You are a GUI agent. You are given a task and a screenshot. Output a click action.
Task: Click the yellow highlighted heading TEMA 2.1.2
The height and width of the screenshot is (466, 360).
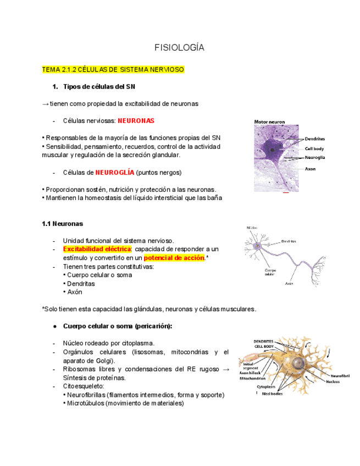click(113, 70)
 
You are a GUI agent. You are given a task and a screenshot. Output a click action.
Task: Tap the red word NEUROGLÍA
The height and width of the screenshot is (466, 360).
click(114, 172)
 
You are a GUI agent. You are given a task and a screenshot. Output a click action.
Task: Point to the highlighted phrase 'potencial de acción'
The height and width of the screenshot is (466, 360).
click(174, 258)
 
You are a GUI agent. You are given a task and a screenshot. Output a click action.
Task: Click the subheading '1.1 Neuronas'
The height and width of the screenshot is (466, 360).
click(62, 224)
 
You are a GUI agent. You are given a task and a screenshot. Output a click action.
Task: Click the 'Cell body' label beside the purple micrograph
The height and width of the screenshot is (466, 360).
click(315, 148)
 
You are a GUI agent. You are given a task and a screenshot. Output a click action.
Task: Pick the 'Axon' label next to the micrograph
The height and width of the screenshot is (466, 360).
click(311, 169)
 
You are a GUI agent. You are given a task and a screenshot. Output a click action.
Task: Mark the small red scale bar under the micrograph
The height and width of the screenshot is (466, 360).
click(285, 193)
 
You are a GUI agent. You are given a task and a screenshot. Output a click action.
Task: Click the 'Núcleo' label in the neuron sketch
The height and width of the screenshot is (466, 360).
click(252, 228)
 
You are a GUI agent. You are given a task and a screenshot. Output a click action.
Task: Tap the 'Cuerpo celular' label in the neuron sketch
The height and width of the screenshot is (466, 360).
click(270, 272)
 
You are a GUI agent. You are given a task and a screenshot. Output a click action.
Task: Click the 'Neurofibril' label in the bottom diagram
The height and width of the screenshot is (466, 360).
click(340, 376)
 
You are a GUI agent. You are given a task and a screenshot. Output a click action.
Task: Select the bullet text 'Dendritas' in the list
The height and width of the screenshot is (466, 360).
click(81, 284)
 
